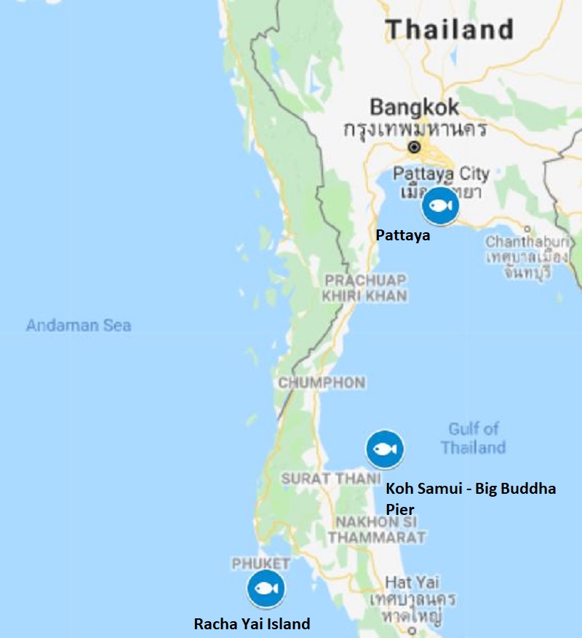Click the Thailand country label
(x=450, y=30)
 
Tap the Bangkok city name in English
(x=415, y=108)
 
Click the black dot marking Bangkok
(x=414, y=147)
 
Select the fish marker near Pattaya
(x=440, y=205)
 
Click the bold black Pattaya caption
(x=402, y=235)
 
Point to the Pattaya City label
(x=441, y=174)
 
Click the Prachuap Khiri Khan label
(x=366, y=288)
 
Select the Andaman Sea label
(x=79, y=326)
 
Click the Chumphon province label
(x=322, y=383)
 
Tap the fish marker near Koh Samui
(x=384, y=449)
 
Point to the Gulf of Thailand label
(x=473, y=438)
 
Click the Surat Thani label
(x=331, y=478)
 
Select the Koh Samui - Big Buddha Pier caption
(x=470, y=497)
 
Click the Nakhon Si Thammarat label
(x=377, y=529)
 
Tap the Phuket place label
(x=261, y=563)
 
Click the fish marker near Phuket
(x=266, y=588)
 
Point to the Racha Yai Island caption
(x=252, y=623)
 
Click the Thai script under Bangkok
(x=415, y=130)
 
